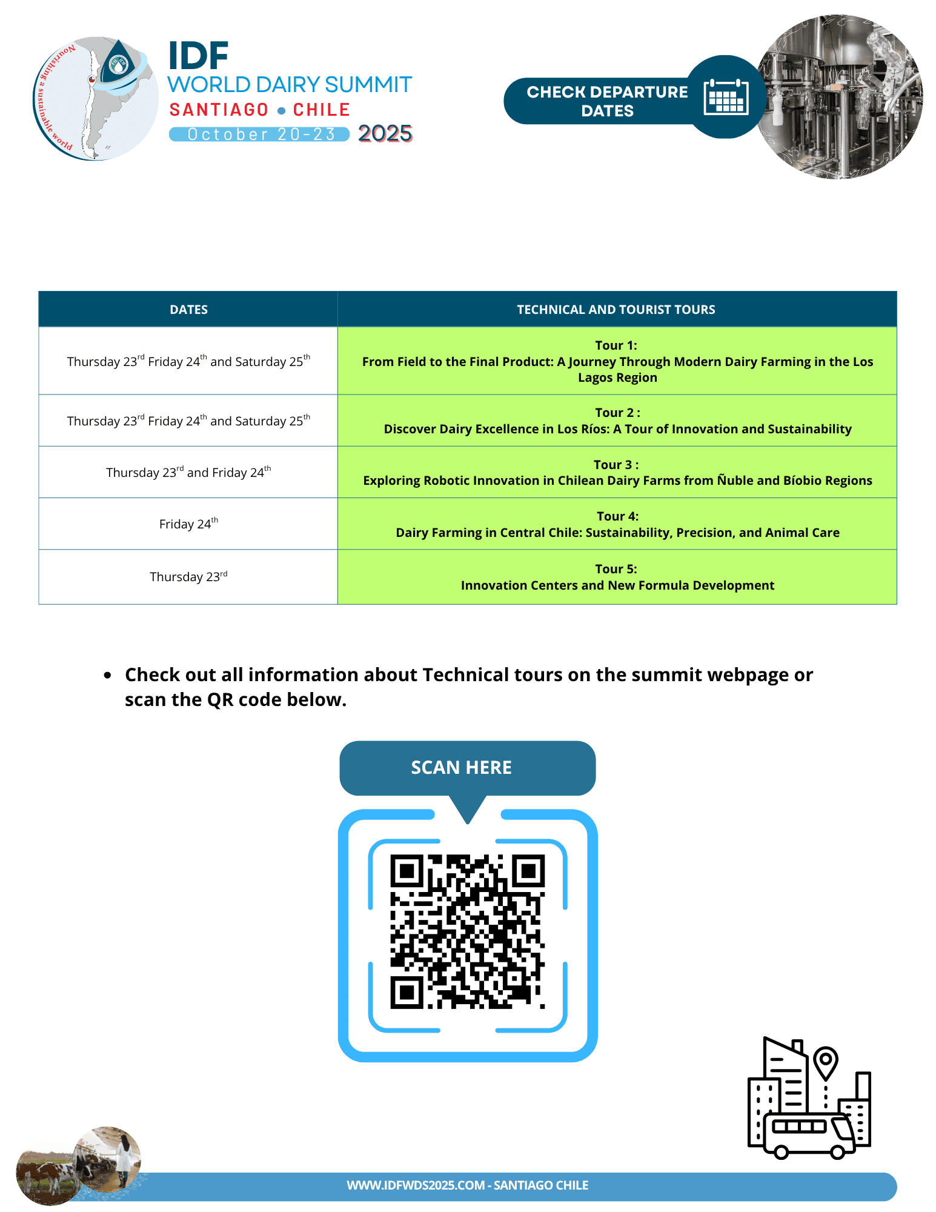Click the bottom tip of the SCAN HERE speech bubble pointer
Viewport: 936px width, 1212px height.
(468, 824)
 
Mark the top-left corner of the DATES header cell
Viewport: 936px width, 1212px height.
(39, 291)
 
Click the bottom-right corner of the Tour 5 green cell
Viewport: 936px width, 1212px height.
(897, 604)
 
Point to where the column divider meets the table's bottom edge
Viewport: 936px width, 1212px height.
(337, 604)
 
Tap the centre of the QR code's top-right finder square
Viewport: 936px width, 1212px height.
(528, 871)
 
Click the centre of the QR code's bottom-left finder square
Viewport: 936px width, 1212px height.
(407, 993)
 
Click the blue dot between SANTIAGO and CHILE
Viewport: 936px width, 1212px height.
(281, 111)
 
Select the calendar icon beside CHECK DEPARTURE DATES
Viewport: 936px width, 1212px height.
(726, 97)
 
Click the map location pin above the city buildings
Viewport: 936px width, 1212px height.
(825, 1063)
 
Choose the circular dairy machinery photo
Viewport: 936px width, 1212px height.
(839, 97)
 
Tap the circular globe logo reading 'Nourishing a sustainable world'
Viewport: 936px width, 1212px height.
(95, 98)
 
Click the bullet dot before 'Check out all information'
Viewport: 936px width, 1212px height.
(108, 675)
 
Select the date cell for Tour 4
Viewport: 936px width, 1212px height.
(188, 524)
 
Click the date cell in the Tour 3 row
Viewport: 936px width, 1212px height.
(188, 472)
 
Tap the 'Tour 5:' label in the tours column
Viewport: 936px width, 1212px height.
(616, 569)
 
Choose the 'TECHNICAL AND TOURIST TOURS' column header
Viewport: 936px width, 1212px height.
(616, 310)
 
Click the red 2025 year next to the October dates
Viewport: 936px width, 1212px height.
(385, 133)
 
